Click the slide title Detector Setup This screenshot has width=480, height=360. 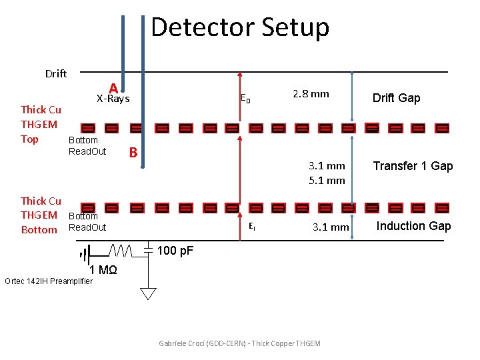[240, 27]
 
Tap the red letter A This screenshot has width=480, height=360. [113, 89]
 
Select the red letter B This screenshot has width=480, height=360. [133, 152]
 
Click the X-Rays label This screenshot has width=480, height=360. [113, 99]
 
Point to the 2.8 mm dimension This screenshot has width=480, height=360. [311, 94]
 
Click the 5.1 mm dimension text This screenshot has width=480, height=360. [327, 180]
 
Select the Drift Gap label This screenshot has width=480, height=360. [397, 98]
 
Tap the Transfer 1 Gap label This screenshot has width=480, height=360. [413, 166]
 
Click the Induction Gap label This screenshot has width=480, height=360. [413, 226]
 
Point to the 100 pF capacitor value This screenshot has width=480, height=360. [175, 251]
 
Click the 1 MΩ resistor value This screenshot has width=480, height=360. [103, 270]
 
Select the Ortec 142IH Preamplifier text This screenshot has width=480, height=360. [49, 281]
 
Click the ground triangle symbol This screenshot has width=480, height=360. [149, 293]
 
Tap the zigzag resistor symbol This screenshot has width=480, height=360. [121, 251]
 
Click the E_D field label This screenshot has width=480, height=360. [245, 99]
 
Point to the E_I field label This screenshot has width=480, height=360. [252, 227]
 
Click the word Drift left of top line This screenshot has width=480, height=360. [56, 74]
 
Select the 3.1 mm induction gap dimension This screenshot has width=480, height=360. [331, 227]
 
